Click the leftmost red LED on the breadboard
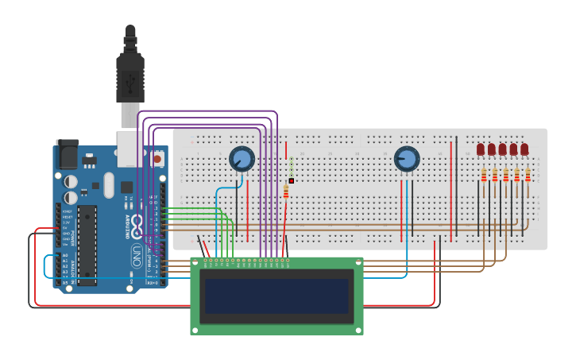click(x=481, y=149)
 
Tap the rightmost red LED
click(x=524, y=149)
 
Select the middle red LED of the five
click(x=502, y=149)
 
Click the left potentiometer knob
click(x=242, y=159)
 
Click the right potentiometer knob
click(x=407, y=159)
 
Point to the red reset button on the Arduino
click(x=157, y=159)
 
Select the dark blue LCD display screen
click(x=276, y=296)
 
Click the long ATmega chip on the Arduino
click(x=87, y=244)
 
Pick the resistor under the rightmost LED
click(x=528, y=175)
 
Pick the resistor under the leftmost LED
click(x=483, y=175)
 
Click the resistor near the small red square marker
click(x=286, y=192)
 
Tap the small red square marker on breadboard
click(x=292, y=181)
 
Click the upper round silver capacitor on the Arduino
click(x=71, y=181)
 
